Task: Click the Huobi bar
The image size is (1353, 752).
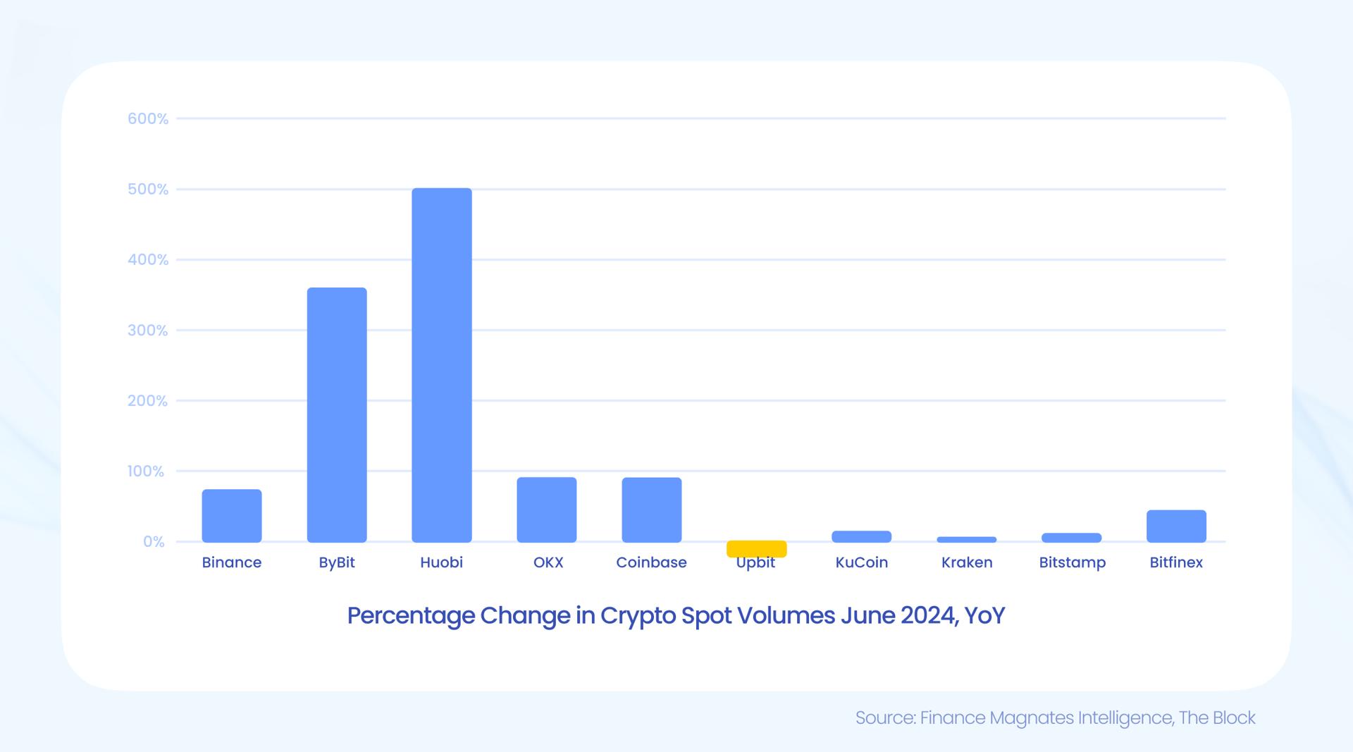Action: click(x=442, y=365)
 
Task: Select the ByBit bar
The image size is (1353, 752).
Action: click(x=337, y=414)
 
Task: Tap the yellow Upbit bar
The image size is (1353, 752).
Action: click(x=756, y=548)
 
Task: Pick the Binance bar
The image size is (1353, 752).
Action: click(x=232, y=516)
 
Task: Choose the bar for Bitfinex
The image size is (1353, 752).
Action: click(x=1176, y=526)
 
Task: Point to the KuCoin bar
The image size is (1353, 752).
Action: click(x=861, y=536)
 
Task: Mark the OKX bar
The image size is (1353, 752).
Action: click(x=547, y=510)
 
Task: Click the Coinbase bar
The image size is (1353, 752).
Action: click(x=652, y=510)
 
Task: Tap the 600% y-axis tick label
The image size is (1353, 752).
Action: click(x=148, y=119)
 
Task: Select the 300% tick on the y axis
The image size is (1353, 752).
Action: click(x=148, y=331)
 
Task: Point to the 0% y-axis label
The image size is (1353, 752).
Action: click(x=154, y=542)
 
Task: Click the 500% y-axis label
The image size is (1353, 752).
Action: click(x=148, y=190)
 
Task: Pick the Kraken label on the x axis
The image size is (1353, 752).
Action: click(x=967, y=562)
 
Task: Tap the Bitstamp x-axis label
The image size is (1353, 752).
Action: click(x=1072, y=562)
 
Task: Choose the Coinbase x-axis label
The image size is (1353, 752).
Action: click(x=651, y=562)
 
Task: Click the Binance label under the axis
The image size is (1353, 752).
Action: click(x=232, y=562)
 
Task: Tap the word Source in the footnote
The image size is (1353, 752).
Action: click(x=885, y=718)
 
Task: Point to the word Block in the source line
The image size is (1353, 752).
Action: click(x=1234, y=718)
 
